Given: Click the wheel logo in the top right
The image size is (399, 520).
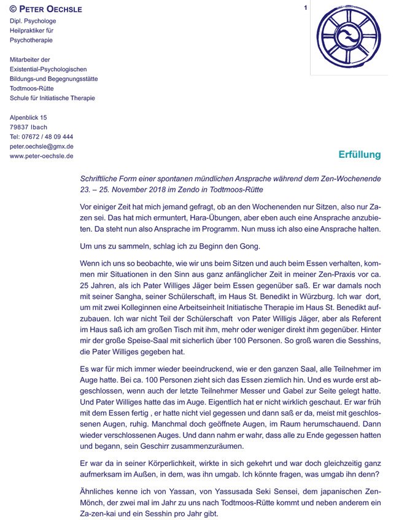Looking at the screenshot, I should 347,38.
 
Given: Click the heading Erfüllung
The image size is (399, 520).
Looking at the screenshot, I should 360,155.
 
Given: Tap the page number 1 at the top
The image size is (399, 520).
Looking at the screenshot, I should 305,8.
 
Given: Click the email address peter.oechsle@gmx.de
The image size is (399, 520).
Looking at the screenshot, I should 42,147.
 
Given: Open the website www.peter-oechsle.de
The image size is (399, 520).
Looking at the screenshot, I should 42,157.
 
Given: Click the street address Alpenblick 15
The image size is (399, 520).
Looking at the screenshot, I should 28,117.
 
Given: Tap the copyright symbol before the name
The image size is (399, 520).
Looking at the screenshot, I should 14,9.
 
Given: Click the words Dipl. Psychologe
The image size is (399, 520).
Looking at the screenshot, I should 31,21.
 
